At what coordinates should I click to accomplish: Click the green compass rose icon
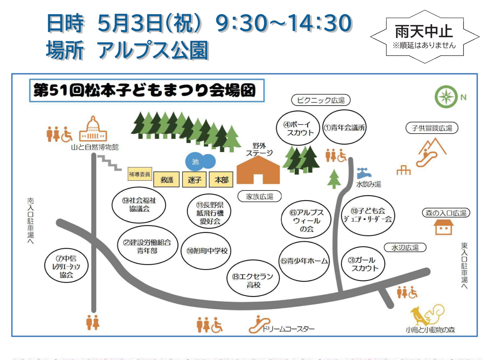point(446,97)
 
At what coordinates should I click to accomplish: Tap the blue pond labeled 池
point(200,162)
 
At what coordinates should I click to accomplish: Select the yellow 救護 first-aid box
point(167,180)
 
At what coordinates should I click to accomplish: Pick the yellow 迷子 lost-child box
point(194,180)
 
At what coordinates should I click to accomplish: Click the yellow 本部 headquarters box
point(221,180)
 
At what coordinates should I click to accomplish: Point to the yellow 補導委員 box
point(140,174)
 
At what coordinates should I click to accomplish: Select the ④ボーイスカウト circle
point(298,128)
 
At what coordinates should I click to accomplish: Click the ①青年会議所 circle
point(344,127)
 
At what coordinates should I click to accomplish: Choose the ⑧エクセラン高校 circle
point(253,278)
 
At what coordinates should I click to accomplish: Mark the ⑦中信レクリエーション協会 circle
point(66,266)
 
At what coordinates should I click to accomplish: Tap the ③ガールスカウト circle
point(363,264)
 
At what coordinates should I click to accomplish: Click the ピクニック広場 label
point(321,101)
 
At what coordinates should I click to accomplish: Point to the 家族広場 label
point(260,196)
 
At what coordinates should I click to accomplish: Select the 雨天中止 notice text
point(424,31)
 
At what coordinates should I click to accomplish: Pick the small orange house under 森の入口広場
point(444,227)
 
